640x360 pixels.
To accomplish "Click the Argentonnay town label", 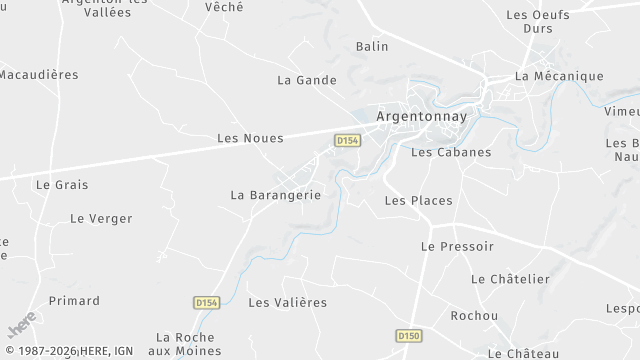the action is click(420, 116).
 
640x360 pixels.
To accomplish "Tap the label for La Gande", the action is click(306, 80).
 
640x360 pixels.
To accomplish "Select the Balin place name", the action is click(372, 46).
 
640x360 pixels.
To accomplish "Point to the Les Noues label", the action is click(250, 138).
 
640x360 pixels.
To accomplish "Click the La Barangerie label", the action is click(275, 195).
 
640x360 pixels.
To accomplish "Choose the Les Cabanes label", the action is click(451, 152).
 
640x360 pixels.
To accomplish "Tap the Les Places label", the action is click(418, 201).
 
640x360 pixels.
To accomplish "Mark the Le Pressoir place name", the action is click(457, 246).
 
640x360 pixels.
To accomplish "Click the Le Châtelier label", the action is click(510, 279).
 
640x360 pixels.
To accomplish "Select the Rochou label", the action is click(474, 316).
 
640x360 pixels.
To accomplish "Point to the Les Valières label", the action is click(287, 303).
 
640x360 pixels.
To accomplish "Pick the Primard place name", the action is click(74, 301).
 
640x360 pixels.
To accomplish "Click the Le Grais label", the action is click(62, 185).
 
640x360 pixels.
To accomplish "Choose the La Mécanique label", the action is click(559, 76).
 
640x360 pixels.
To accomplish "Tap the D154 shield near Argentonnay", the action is click(347, 141).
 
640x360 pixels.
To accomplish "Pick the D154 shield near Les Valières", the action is click(206, 302).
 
